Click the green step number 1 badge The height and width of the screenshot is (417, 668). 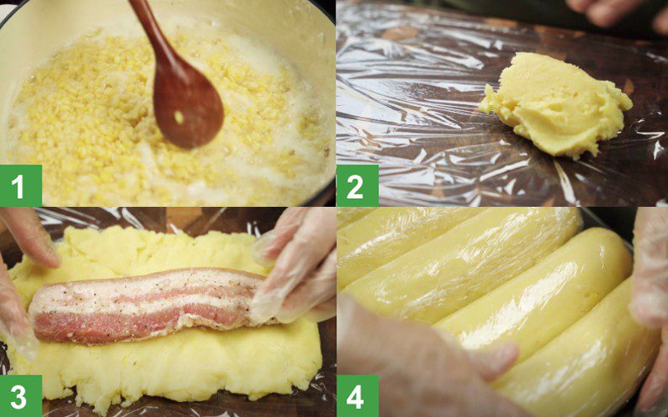point(20,185)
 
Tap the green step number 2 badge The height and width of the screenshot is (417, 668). point(357,185)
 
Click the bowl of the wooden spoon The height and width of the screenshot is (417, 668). point(187,108)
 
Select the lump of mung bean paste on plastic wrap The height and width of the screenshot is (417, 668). point(557,104)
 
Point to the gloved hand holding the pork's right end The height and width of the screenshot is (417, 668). point(294,268)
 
